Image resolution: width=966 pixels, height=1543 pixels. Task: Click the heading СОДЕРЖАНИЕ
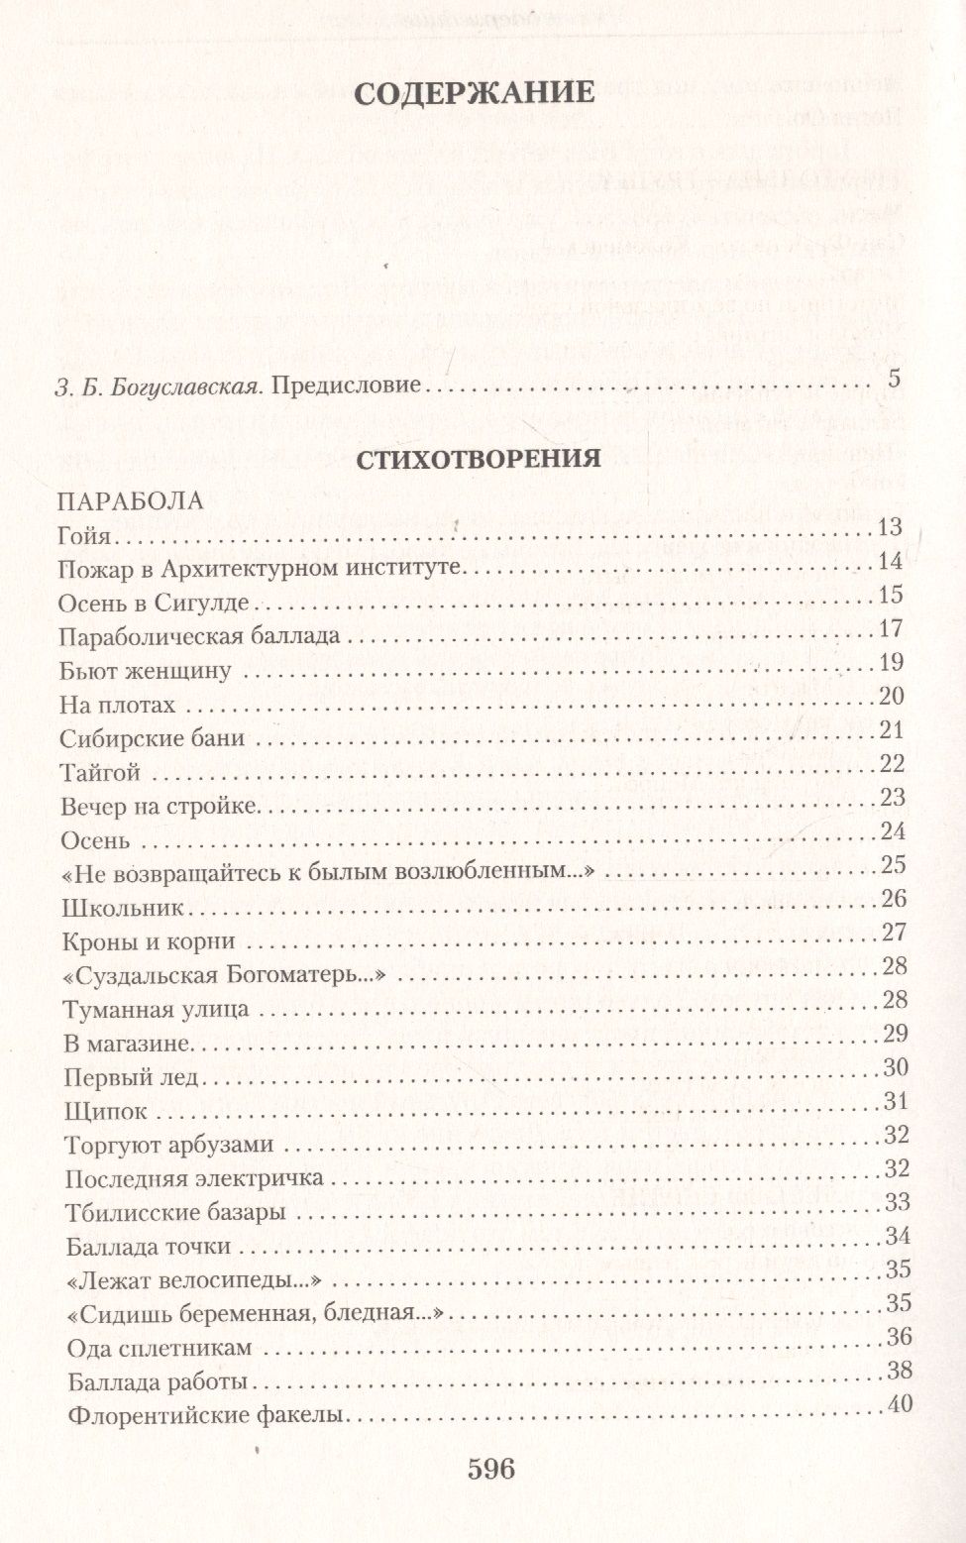click(x=474, y=93)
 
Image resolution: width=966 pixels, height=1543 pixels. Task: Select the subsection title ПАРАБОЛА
click(x=131, y=500)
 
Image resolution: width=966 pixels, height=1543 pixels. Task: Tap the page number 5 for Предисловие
click(x=895, y=379)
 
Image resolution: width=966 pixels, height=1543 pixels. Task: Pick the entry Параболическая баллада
click(x=200, y=635)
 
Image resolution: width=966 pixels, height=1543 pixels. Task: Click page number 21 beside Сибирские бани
click(x=892, y=730)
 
